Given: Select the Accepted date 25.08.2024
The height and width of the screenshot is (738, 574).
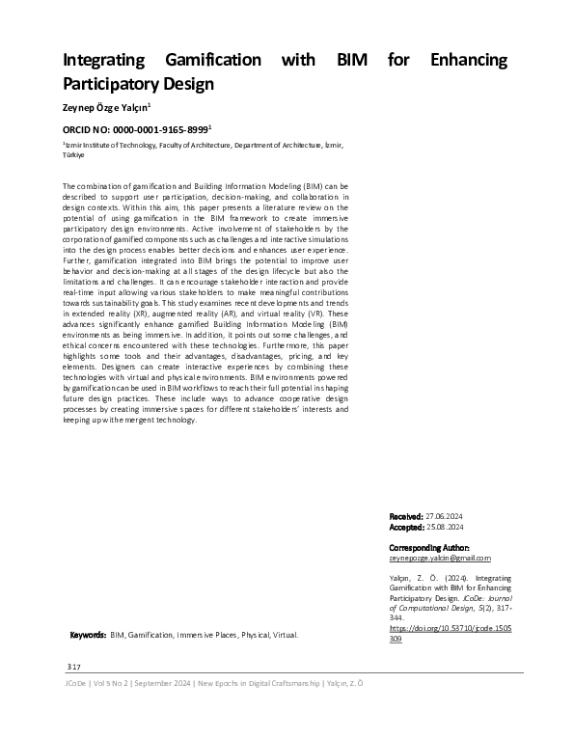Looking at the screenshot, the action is click(445, 528).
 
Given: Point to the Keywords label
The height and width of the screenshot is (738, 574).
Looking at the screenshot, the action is click(89, 636).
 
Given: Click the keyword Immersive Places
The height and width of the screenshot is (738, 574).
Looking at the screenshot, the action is click(205, 636).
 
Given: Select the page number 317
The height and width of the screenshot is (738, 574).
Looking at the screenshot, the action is click(73, 668).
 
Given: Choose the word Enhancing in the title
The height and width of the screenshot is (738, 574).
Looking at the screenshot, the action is click(467, 60).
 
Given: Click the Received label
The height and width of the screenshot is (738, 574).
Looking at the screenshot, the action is click(405, 517).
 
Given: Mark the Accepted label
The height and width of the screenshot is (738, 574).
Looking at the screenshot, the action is click(405, 528).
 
